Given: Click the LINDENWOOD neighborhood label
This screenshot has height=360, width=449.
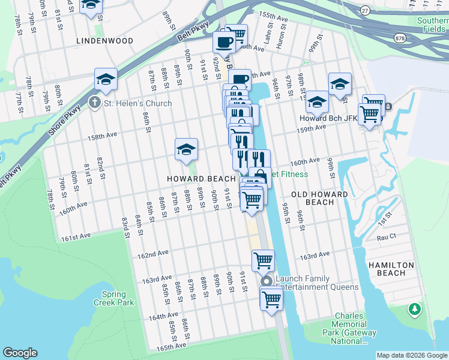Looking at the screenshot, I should [104, 41].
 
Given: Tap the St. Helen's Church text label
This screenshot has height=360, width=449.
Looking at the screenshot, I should [137, 103].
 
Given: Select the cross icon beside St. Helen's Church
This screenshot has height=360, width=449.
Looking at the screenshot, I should [94, 103].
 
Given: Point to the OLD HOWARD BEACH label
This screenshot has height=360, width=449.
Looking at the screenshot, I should [319, 198].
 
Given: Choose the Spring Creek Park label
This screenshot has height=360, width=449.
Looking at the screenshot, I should [114, 298].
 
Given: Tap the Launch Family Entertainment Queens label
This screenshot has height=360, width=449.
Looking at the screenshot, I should [318, 283].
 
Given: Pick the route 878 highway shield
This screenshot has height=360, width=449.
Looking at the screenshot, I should [399, 38].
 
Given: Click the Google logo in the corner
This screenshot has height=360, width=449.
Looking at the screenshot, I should [20, 353].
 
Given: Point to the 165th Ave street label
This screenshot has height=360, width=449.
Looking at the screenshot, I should [171, 347].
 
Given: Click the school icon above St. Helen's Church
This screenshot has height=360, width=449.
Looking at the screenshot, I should [106, 80].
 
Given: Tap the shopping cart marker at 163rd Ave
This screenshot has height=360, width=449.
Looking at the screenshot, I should [262, 260].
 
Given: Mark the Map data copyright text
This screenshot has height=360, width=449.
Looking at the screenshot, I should [411, 355].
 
